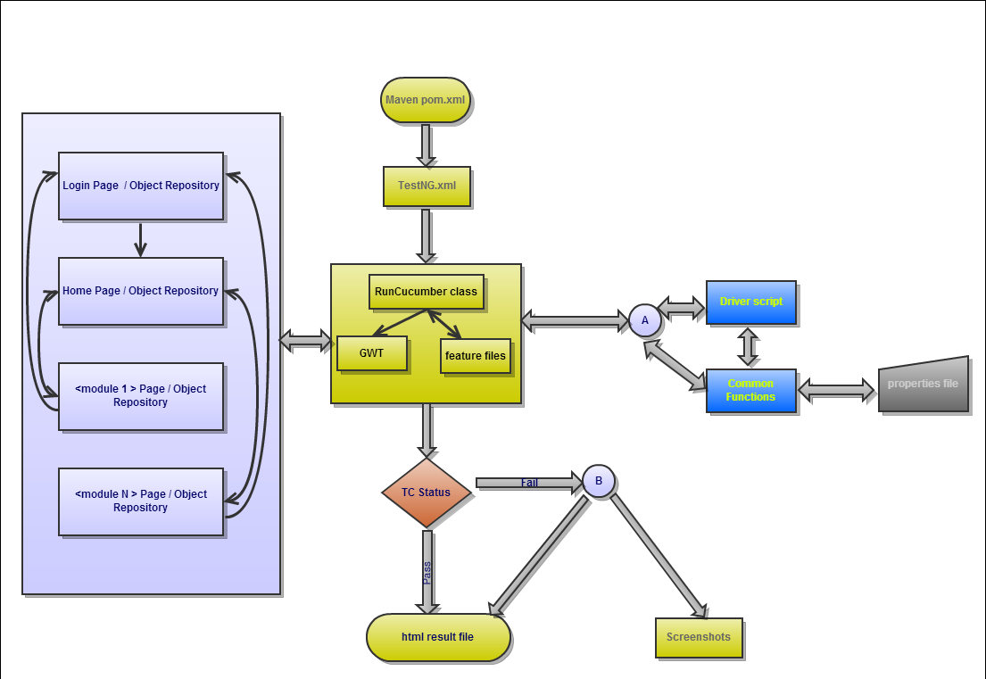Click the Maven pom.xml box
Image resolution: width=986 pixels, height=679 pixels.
pyautogui.click(x=426, y=99)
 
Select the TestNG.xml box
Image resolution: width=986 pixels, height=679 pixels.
pyautogui.click(x=427, y=186)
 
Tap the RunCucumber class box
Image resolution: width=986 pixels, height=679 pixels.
pyautogui.click(x=426, y=291)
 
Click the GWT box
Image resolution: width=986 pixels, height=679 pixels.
pyautogui.click(x=371, y=353)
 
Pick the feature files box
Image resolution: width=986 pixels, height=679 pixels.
pyautogui.click(x=475, y=356)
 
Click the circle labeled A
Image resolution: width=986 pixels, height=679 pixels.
pyautogui.click(x=644, y=320)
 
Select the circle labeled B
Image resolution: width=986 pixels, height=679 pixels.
pyautogui.click(x=598, y=481)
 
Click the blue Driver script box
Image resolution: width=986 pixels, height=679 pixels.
pyautogui.click(x=750, y=302)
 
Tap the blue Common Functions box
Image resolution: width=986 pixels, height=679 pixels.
pyautogui.click(x=750, y=390)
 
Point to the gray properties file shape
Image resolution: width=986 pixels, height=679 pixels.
pyautogui.click(x=923, y=385)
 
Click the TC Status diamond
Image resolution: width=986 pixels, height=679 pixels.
pyautogui.click(x=426, y=493)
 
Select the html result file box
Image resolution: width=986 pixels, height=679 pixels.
pyautogui.click(x=437, y=637)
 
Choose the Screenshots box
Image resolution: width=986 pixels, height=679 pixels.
pyautogui.click(x=698, y=637)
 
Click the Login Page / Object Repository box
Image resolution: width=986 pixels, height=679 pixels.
pyautogui.click(x=140, y=186)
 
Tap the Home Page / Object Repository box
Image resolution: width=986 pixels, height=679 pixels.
pyautogui.click(x=140, y=291)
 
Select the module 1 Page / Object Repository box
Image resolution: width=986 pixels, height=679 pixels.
pyautogui.click(x=140, y=396)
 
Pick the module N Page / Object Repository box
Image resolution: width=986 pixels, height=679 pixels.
pyautogui.click(x=140, y=501)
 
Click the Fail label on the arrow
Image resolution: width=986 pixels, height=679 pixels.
pyautogui.click(x=529, y=483)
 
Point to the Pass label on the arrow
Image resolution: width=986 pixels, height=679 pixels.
pyautogui.click(x=427, y=572)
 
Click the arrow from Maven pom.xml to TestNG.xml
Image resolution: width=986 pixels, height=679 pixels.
pyautogui.click(x=427, y=144)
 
